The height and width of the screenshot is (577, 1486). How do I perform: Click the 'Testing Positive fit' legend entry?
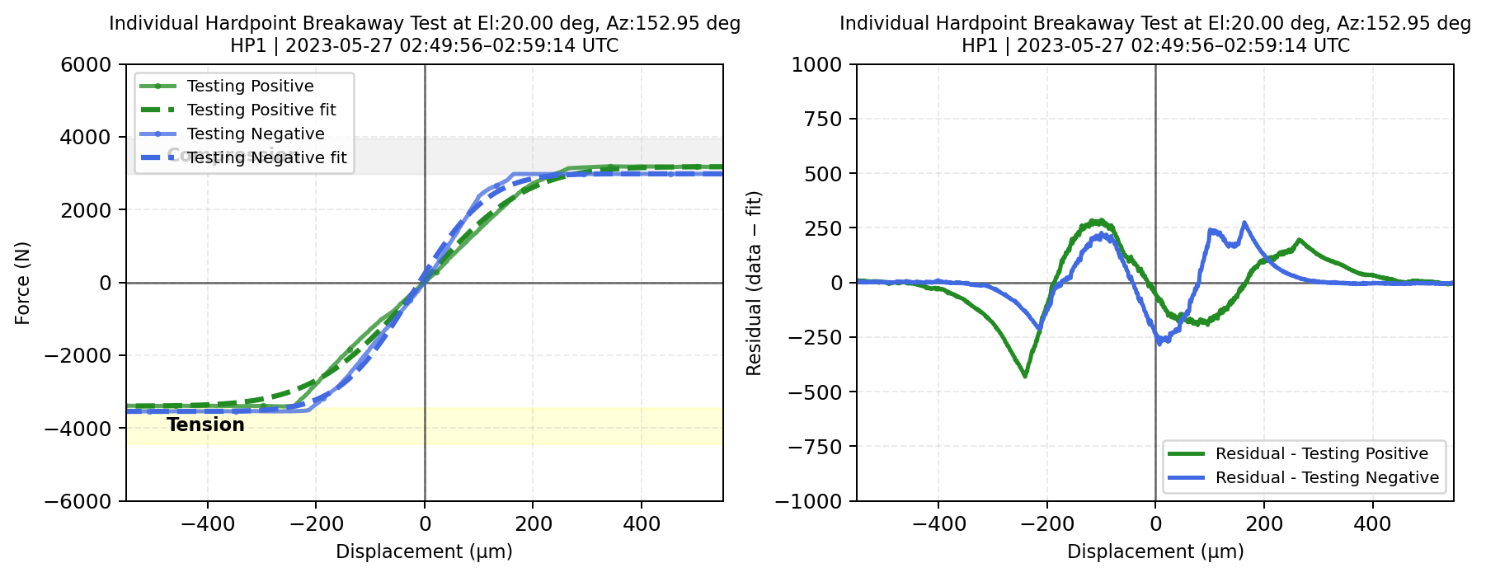click(261, 110)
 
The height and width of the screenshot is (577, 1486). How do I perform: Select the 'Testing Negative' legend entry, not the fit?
click(256, 134)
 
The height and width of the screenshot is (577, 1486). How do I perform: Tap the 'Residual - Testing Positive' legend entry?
click(1321, 453)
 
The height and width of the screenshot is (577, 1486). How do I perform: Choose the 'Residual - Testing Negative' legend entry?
click(1327, 477)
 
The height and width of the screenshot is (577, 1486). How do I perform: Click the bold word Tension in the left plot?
click(205, 425)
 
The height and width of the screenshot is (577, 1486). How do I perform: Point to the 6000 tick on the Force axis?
click(86, 64)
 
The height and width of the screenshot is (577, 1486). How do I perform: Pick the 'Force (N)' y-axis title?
click(22, 283)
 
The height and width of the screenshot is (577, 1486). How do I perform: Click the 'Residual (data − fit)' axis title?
click(754, 283)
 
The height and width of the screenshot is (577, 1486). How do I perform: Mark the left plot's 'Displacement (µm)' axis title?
click(424, 551)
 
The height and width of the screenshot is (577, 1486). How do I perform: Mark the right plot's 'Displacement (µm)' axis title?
click(1155, 551)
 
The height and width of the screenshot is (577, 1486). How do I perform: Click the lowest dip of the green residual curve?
click(1025, 377)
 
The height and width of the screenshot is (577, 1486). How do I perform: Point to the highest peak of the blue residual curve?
click(1244, 223)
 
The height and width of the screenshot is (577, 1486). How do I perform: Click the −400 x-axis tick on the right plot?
click(938, 523)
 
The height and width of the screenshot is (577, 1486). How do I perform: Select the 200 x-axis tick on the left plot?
click(533, 523)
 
